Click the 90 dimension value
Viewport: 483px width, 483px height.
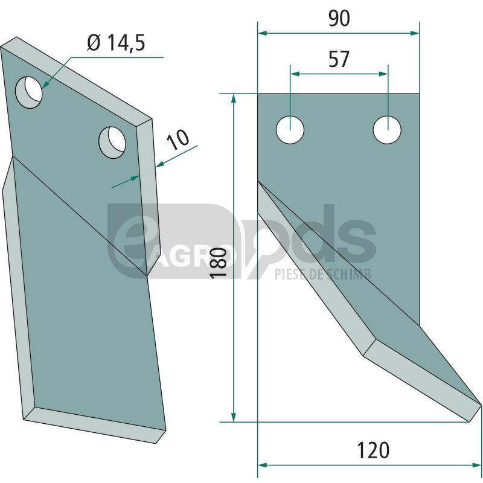click(x=339, y=18)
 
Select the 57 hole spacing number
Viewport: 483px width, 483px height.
click(x=339, y=59)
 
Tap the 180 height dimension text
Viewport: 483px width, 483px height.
click(x=219, y=263)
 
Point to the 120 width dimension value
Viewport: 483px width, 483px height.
click(x=373, y=450)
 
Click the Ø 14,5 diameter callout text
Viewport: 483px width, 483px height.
click(x=116, y=42)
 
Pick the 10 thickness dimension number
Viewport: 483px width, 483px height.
click(x=178, y=140)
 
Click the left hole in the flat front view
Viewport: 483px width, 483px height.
click(x=290, y=130)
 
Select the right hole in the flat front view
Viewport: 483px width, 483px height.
click(x=387, y=130)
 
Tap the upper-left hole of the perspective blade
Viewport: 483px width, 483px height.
click(x=28, y=92)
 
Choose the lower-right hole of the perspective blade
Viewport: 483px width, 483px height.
click(x=112, y=142)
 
